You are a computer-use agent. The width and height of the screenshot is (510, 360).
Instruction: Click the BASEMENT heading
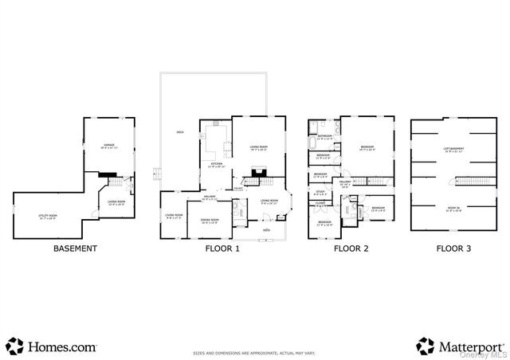pyautogui.click(x=75, y=248)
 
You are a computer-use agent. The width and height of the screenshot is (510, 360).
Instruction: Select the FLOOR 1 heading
pyautogui.click(x=221, y=248)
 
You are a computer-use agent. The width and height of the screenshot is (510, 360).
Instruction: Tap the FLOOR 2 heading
pyautogui.click(x=351, y=248)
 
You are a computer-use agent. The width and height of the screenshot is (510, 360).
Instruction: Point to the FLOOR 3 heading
pyautogui.click(x=453, y=248)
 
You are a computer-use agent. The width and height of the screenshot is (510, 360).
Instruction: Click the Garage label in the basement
pyautogui.click(x=108, y=147)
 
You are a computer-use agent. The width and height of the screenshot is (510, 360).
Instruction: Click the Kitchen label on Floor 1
pyautogui.click(x=217, y=165)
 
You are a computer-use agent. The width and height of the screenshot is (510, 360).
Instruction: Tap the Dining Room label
pyautogui.click(x=209, y=221)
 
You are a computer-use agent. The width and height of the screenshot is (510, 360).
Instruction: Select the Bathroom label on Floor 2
pyautogui.click(x=324, y=137)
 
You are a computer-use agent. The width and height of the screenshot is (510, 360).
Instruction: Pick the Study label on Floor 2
pyautogui.click(x=320, y=191)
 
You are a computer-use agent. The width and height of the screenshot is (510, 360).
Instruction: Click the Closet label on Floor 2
pyautogui.click(x=320, y=203)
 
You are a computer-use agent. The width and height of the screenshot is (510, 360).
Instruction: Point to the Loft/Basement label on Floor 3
pyautogui.click(x=453, y=149)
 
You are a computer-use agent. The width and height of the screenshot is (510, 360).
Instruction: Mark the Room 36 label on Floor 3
pyautogui.click(x=453, y=209)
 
